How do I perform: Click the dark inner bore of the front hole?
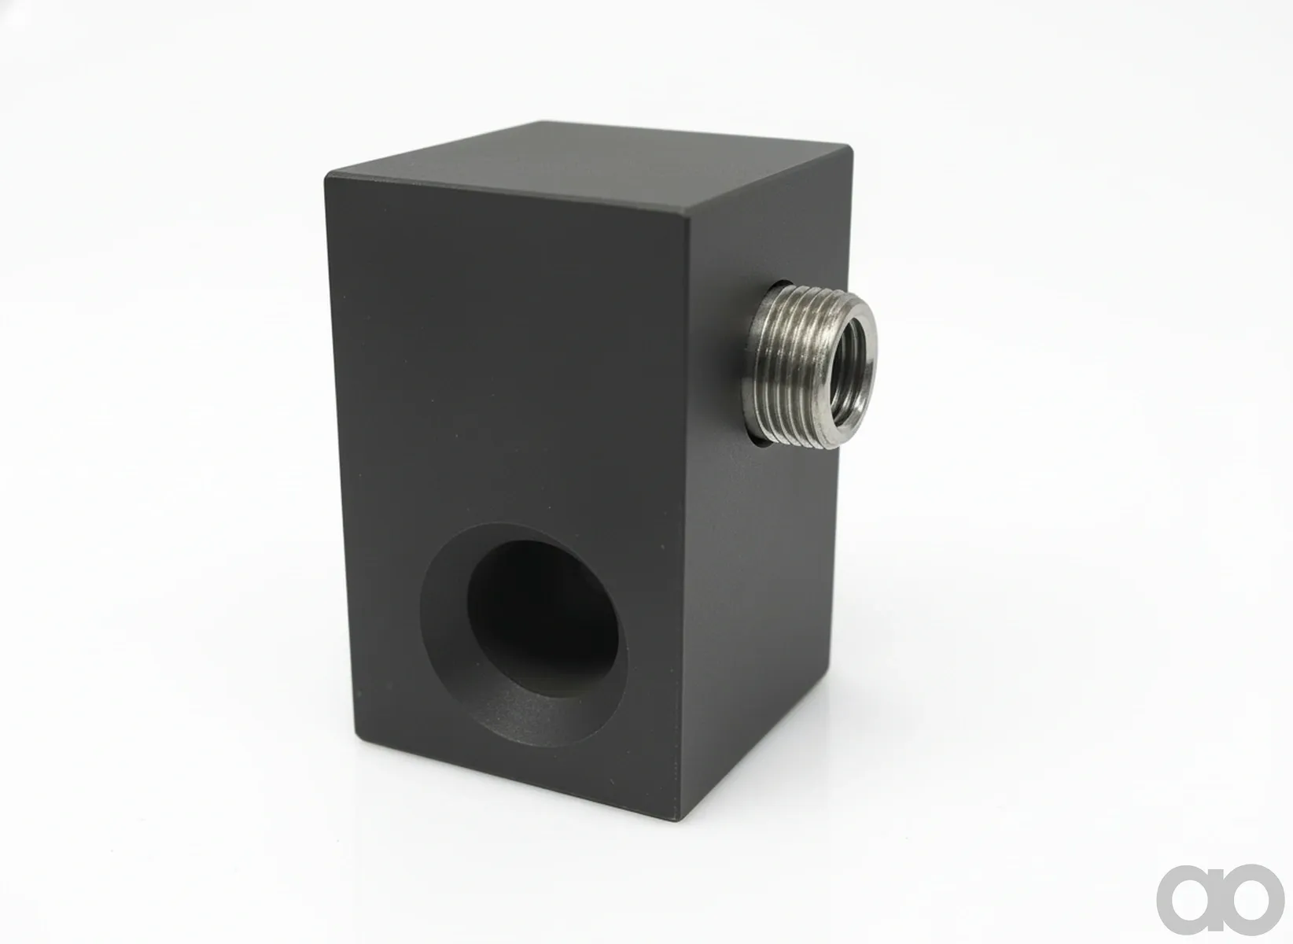543,618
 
